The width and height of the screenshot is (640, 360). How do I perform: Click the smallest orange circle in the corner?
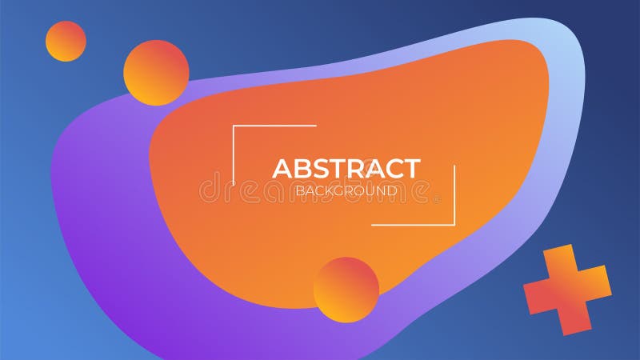click(x=66, y=41)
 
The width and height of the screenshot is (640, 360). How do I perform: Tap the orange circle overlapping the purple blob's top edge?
click(x=156, y=73)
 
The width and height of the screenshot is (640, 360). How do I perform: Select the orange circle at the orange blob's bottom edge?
click(x=346, y=290)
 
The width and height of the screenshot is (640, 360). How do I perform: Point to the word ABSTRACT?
click(x=346, y=169)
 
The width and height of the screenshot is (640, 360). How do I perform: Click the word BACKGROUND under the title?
click(x=346, y=190)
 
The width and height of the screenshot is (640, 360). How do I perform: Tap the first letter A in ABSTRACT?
click(x=282, y=169)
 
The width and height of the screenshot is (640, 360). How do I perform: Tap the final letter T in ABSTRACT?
click(x=410, y=169)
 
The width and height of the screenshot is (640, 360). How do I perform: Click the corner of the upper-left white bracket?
click(x=234, y=126)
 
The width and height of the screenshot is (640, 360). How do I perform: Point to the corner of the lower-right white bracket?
click(x=454, y=225)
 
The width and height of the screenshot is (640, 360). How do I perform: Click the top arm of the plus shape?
click(x=559, y=261)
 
